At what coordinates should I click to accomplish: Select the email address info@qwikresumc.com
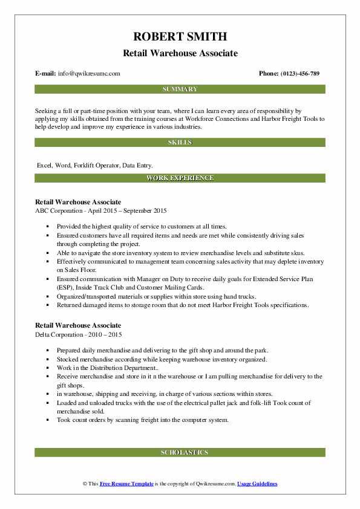click(90, 73)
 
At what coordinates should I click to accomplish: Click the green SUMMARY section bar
click(180, 89)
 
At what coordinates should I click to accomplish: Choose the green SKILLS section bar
click(180, 142)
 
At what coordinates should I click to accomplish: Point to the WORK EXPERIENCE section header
click(180, 178)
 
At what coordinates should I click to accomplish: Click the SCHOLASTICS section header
click(180, 452)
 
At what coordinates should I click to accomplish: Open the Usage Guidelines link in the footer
click(257, 484)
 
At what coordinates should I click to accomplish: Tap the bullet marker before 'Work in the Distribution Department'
click(48, 368)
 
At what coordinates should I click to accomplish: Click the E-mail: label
click(46, 73)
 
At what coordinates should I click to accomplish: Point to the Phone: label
click(269, 73)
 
